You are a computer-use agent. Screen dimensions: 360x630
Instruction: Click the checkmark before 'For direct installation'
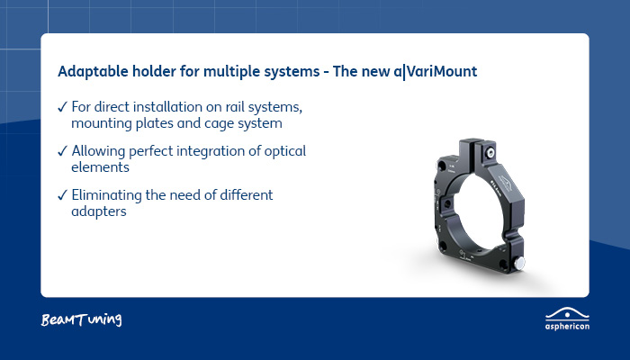[x=61, y=106]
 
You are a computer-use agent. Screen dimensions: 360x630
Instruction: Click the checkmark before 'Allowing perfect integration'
[x=61, y=150]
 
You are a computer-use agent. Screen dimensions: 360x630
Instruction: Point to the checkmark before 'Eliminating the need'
[x=61, y=194]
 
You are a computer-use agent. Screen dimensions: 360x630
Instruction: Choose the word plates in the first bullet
[x=153, y=122]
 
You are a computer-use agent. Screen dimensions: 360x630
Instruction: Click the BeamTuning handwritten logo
[x=81, y=319]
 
